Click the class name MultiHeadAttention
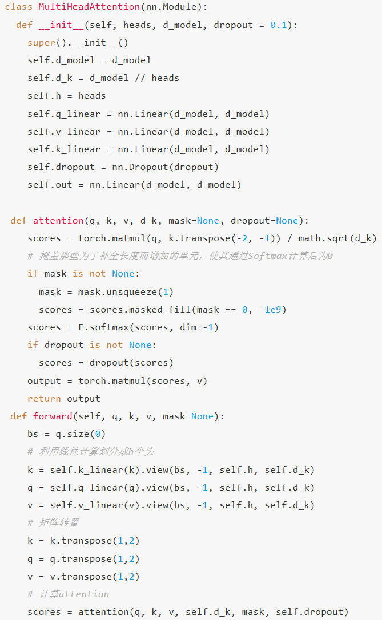89,7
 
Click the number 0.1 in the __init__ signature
279,25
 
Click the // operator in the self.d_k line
140,78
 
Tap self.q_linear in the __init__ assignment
64,114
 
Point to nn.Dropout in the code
140,167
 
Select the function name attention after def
58,220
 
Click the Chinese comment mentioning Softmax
180,256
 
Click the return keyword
44,399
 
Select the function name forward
53,416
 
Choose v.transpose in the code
81,577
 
